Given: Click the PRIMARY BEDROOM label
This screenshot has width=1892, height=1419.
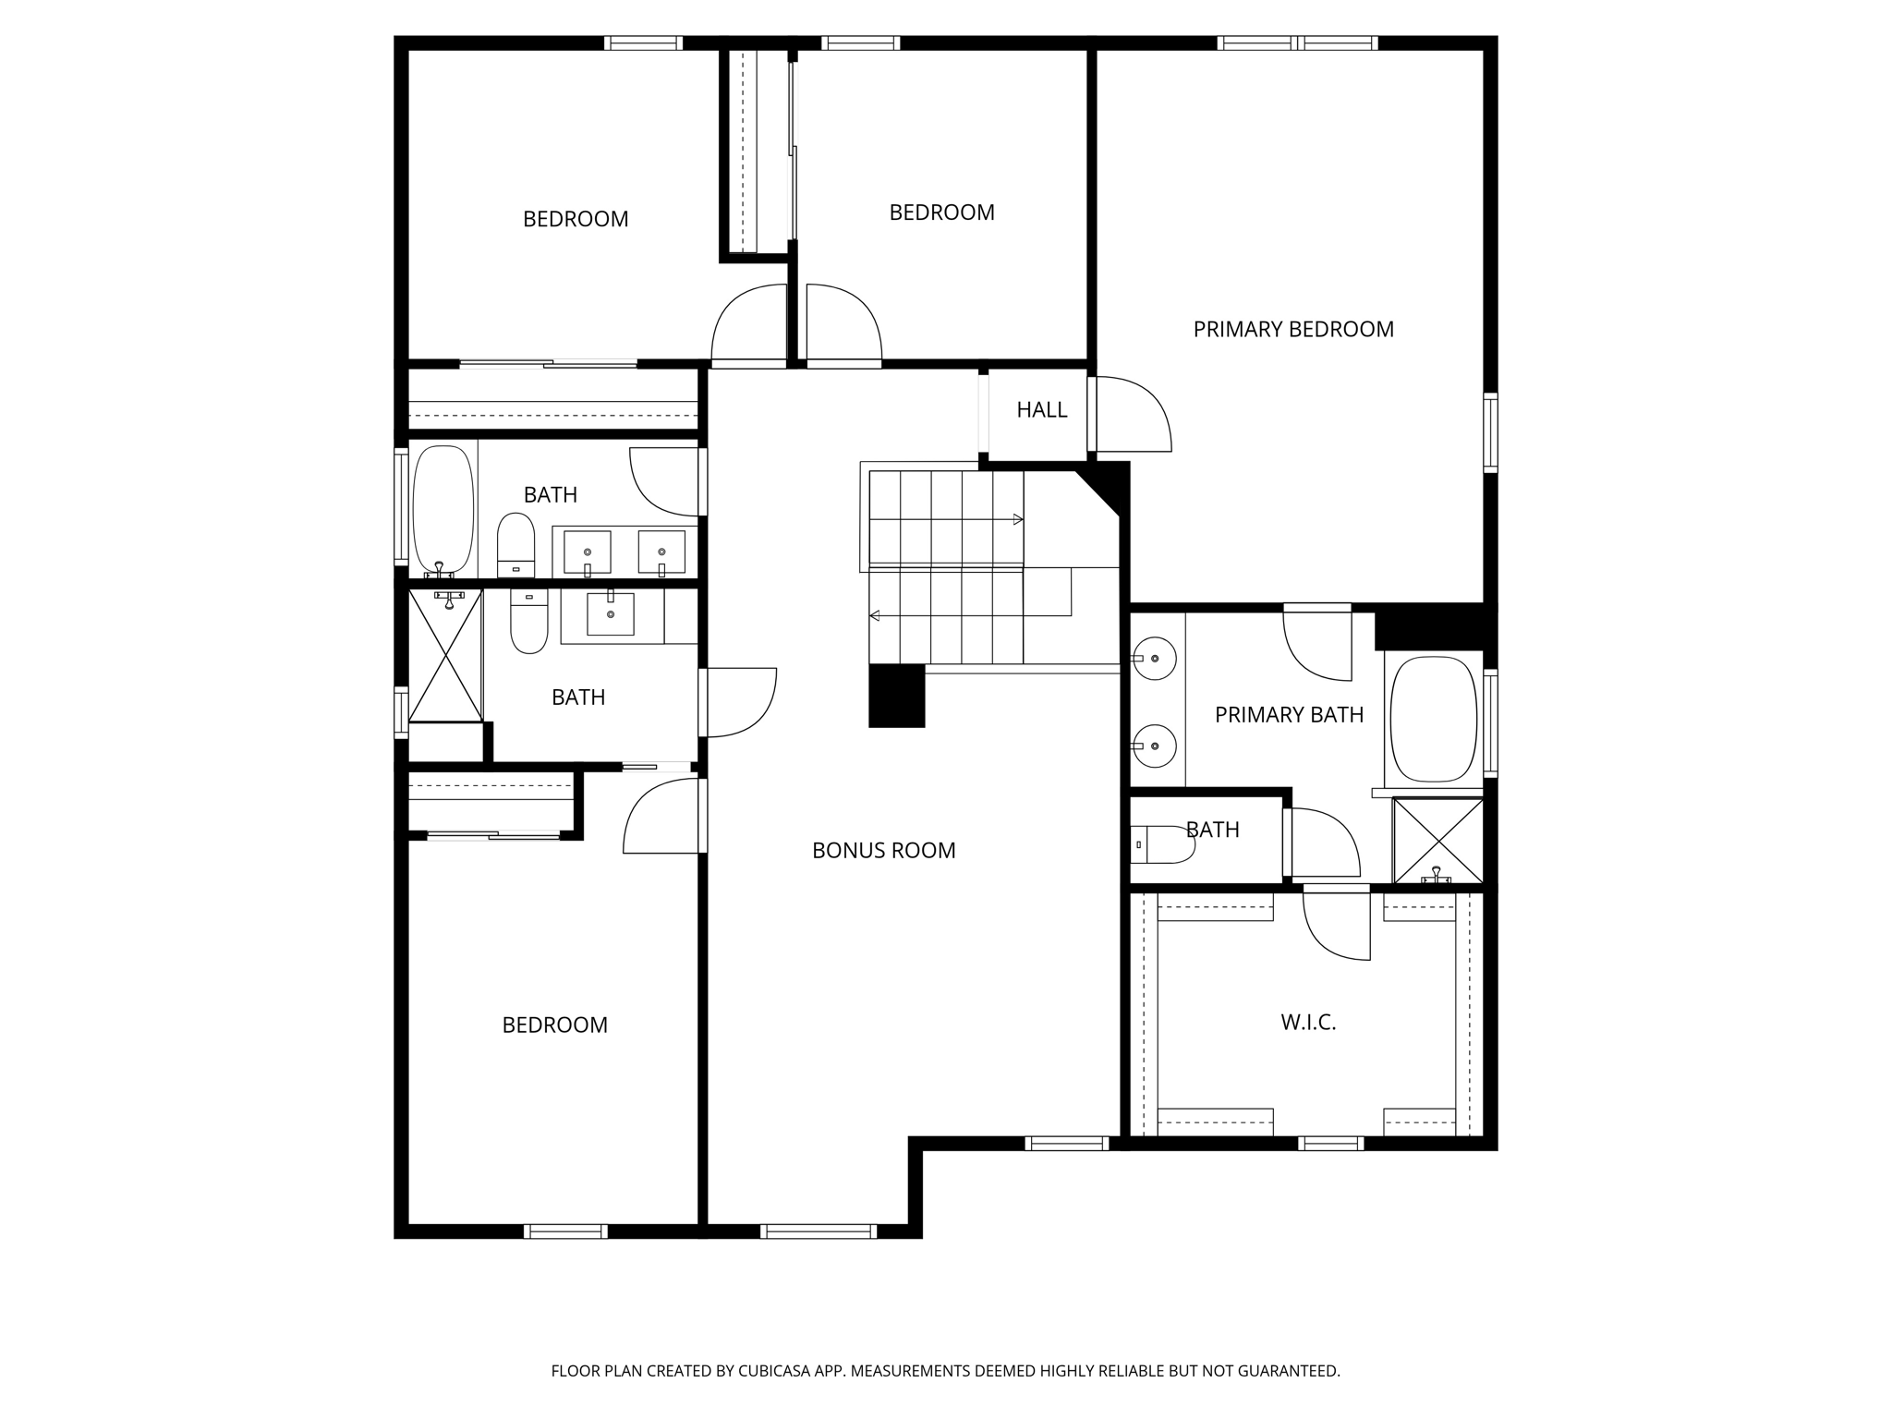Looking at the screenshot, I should pos(1292,330).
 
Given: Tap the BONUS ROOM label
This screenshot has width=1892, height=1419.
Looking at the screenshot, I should pos(883,851).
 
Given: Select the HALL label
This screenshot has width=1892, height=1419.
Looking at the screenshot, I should pos(1041,410).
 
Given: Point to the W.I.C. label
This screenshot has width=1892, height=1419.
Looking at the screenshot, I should pos(1308,1023).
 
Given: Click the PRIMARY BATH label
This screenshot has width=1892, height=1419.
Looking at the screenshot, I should pos(1289,715).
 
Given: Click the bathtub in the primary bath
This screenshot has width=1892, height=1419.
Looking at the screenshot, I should pos(1433,720).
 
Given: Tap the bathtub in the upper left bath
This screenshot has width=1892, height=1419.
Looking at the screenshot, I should pos(443,510).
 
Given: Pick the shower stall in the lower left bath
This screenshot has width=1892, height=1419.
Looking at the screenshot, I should pos(446,656).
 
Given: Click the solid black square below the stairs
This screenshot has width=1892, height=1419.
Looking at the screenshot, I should pos(896,696).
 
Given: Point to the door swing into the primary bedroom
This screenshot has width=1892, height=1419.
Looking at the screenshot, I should pos(1133,415).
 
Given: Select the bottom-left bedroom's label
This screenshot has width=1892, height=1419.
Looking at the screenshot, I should pos(554,1025).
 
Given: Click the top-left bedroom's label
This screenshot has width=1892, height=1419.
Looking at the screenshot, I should pos(575,220).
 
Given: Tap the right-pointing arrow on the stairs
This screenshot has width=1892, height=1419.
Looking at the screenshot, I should pos(1017,519).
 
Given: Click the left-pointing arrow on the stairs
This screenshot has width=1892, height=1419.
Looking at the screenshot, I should pos(875,615).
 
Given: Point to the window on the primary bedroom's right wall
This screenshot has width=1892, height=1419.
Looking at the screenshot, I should pos(1489,433).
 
